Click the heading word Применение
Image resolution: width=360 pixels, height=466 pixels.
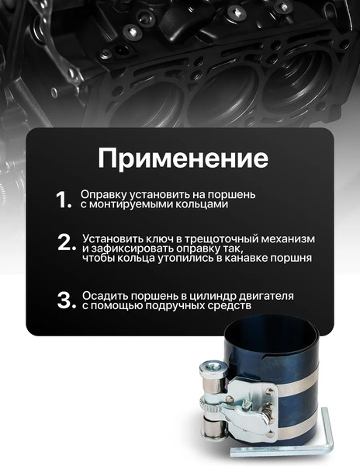(x=182, y=157)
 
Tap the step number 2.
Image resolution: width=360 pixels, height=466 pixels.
(x=66, y=242)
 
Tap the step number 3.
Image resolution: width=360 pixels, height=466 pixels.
(x=65, y=301)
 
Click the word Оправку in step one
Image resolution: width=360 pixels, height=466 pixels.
(x=101, y=194)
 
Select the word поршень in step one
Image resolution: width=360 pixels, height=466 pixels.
(x=233, y=194)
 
